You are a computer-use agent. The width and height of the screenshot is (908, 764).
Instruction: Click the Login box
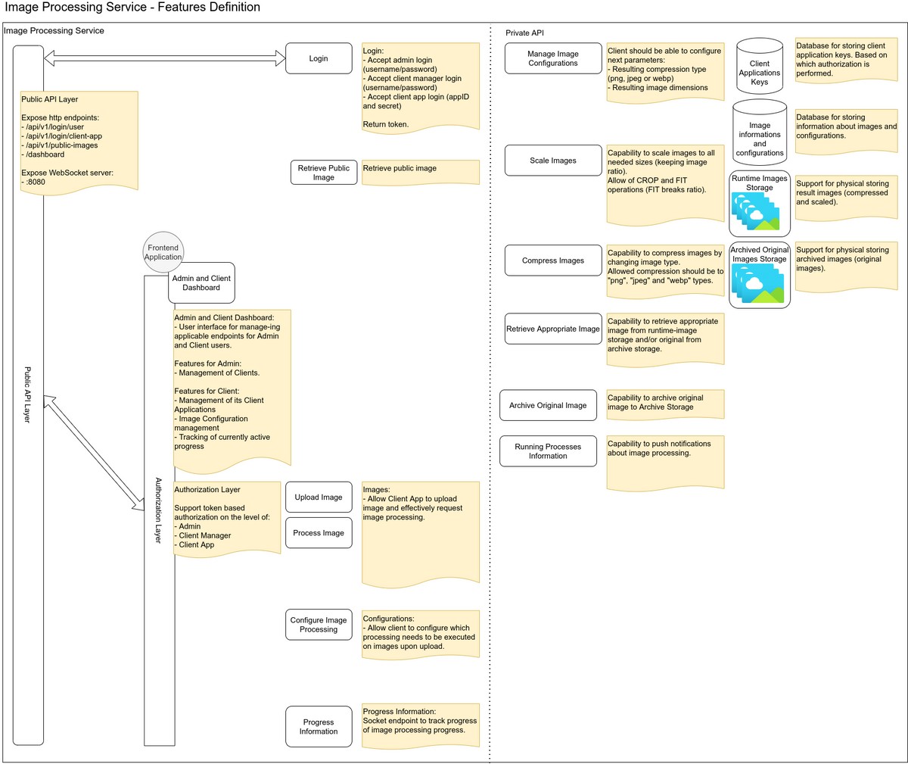pyautogui.click(x=319, y=58)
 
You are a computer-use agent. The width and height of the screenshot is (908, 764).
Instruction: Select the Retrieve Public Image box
pyautogui.click(x=324, y=173)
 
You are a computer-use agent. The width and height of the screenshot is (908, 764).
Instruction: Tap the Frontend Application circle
pyautogui.click(x=163, y=252)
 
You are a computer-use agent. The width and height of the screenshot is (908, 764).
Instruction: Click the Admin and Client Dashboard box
pyautogui.click(x=201, y=282)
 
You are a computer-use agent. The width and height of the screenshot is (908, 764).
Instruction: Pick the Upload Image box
pyautogui.click(x=319, y=497)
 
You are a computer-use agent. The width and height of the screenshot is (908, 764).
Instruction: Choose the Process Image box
pyautogui.click(x=319, y=532)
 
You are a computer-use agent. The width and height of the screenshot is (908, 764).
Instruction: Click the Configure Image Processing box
pyautogui.click(x=319, y=625)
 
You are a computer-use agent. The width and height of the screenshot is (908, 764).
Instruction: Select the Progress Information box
pyautogui.click(x=319, y=727)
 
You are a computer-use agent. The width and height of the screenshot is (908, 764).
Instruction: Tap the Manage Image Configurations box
pyautogui.click(x=552, y=58)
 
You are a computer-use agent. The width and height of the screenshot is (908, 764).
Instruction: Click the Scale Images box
pyautogui.click(x=552, y=160)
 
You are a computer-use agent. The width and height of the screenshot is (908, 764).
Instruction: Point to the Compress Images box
pyautogui.click(x=552, y=260)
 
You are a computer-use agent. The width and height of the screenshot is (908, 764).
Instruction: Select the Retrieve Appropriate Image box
pyautogui.click(x=552, y=329)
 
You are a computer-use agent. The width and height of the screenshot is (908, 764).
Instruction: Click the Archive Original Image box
pyautogui.click(x=548, y=405)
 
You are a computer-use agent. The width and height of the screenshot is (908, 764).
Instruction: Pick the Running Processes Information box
pyautogui.click(x=548, y=451)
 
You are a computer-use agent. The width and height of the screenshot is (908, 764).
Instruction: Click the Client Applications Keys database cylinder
pyautogui.click(x=759, y=66)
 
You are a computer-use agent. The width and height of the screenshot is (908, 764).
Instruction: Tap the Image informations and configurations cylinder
pyautogui.click(x=759, y=133)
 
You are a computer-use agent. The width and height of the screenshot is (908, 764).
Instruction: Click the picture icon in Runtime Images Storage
pyautogui.click(x=755, y=211)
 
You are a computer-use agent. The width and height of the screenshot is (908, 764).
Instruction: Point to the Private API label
pyautogui.click(x=524, y=33)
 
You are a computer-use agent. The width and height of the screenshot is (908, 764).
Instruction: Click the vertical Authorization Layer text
pyautogui.click(x=158, y=510)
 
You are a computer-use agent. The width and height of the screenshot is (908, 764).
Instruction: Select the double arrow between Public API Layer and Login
pyautogui.click(x=164, y=58)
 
